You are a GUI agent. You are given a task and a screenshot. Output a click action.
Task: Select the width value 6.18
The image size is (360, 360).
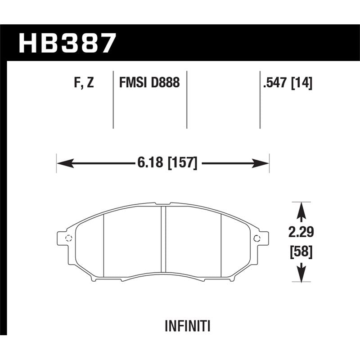point(149,163)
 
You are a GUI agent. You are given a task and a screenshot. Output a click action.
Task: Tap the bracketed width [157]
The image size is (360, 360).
point(182,163)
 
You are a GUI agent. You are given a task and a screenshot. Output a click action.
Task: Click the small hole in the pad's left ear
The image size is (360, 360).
point(68,238)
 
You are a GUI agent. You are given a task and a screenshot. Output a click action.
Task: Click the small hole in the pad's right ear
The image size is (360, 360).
point(257,238)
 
